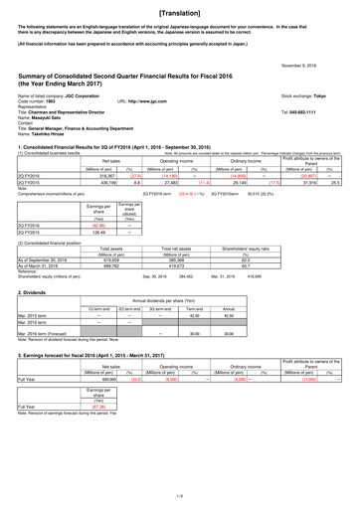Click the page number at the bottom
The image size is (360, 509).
[x=180, y=496]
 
